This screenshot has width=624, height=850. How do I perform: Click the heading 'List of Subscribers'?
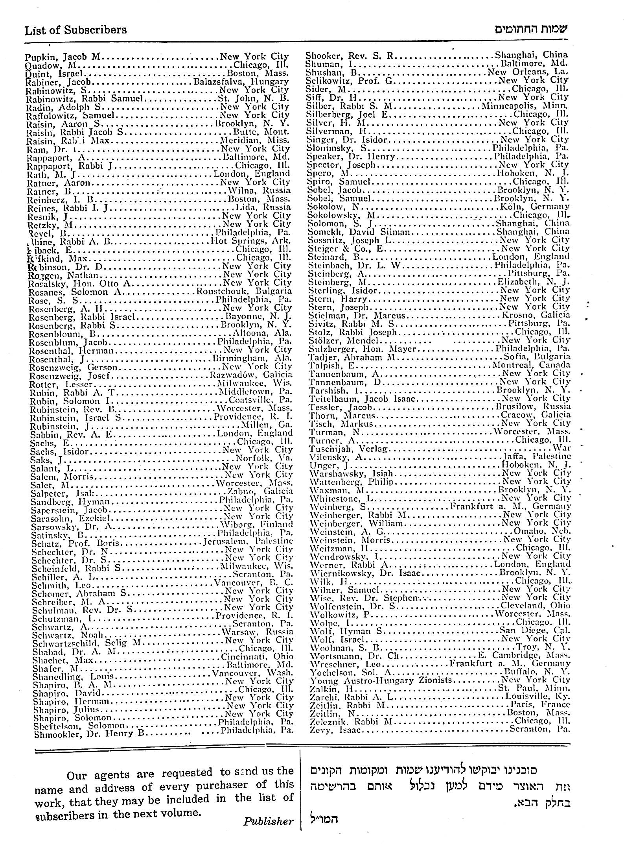[76, 30]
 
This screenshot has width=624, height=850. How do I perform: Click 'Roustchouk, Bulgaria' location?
[244, 292]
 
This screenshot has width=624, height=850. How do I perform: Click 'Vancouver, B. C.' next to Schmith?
[253, 583]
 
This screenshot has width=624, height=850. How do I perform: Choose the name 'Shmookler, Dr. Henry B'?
[89, 734]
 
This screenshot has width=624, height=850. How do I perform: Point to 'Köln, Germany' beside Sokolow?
[532, 207]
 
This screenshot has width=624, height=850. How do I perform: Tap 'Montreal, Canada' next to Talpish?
[532, 365]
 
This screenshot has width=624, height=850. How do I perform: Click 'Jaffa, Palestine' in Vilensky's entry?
[537, 457]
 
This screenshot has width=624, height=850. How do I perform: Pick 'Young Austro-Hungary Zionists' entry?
[381, 680]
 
